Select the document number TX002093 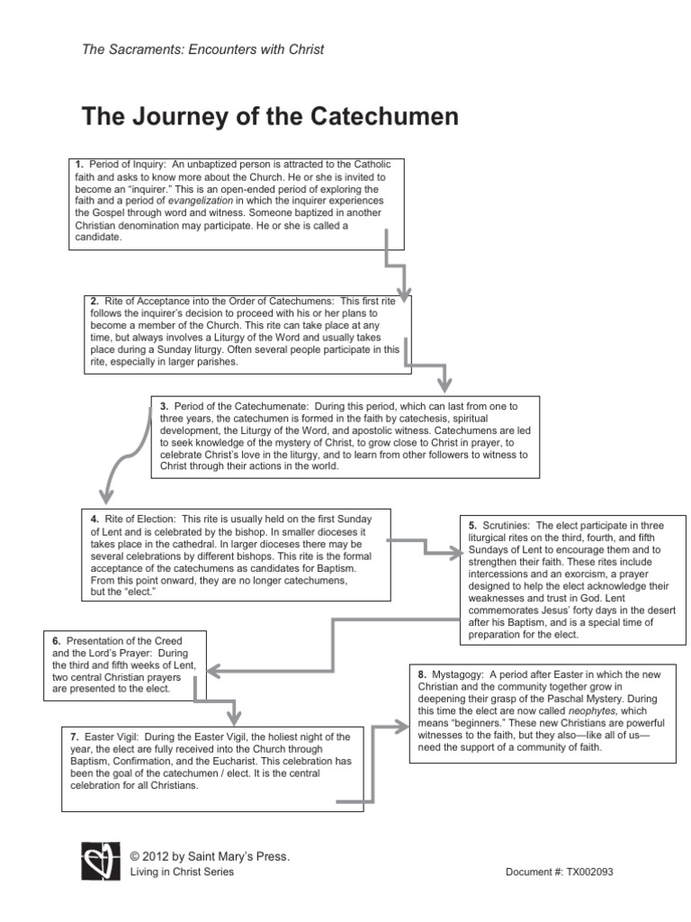pyautogui.click(x=588, y=872)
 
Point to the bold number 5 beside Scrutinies pyautogui.click(x=472, y=524)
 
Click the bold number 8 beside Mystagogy pyautogui.click(x=422, y=673)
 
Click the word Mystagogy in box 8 pyautogui.click(x=460, y=673)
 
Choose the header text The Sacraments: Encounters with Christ pyautogui.click(x=202, y=50)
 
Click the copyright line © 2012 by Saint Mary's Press pyautogui.click(x=210, y=856)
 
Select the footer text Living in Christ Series pyautogui.click(x=182, y=872)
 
